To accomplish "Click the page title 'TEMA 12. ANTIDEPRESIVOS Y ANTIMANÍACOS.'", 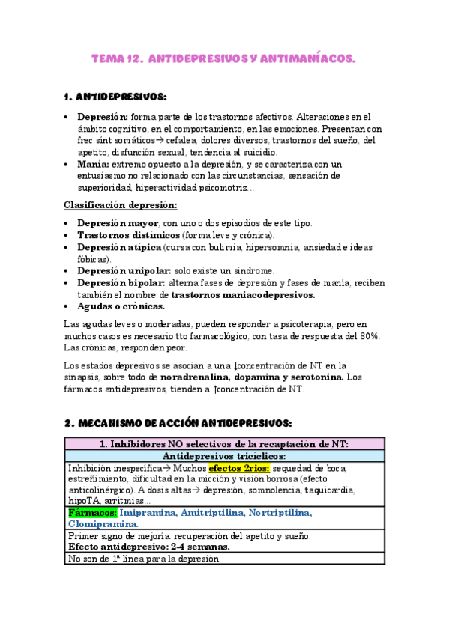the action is tap(224, 58).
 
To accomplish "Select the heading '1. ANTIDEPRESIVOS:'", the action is tap(116, 97).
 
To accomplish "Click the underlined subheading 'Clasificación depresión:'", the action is tap(121, 205).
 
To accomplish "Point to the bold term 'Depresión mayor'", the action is tap(118, 223).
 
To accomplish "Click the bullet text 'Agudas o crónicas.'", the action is tap(121, 306).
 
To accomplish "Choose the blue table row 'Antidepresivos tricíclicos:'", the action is tap(223, 456).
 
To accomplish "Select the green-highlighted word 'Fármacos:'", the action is tap(92, 514).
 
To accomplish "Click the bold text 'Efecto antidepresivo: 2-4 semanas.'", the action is tap(153, 547).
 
